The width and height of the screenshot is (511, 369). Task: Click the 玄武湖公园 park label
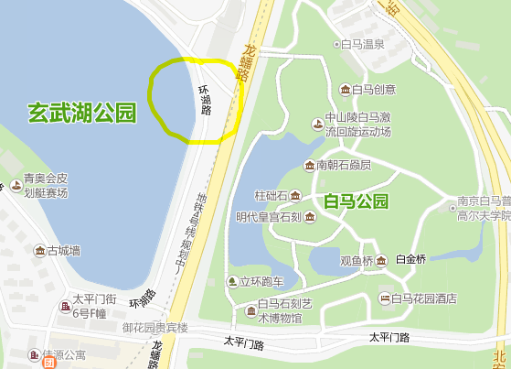pos(81,114)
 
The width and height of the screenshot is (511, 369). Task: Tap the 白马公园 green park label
pos(356,201)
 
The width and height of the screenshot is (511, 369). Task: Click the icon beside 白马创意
pos(345,89)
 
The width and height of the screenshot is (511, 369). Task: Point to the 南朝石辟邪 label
pos(344,165)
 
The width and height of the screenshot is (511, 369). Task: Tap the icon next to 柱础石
pos(295,195)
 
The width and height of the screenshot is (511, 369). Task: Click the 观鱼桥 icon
pos(381,260)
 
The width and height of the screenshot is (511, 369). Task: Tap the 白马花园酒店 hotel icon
pos(385,298)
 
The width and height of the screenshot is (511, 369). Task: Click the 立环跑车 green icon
pos(231,281)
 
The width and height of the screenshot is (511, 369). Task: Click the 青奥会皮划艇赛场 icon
pos(16,186)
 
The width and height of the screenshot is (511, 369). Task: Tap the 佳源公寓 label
pos(63,354)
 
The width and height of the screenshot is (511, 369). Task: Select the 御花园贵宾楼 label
pos(155,327)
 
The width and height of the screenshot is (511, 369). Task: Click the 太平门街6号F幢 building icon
pos(67,307)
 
